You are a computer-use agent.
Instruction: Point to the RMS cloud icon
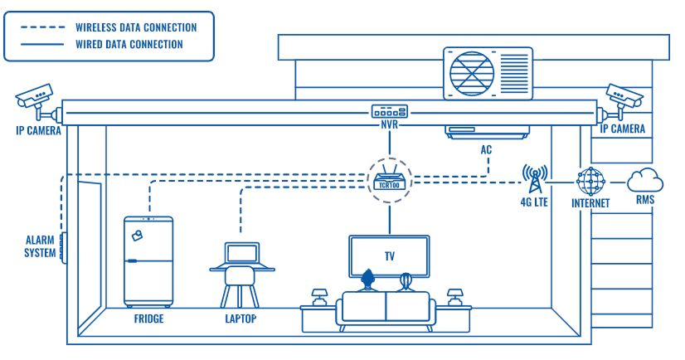645,180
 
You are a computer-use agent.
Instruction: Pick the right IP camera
624,98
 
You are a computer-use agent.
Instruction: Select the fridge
148,261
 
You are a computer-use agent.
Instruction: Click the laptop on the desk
241,255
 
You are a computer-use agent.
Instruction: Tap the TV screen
389,255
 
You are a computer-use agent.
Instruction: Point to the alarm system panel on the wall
61,245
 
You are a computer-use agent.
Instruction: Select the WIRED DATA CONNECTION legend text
129,44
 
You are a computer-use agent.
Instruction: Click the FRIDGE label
149,319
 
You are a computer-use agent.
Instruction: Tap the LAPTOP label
241,319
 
